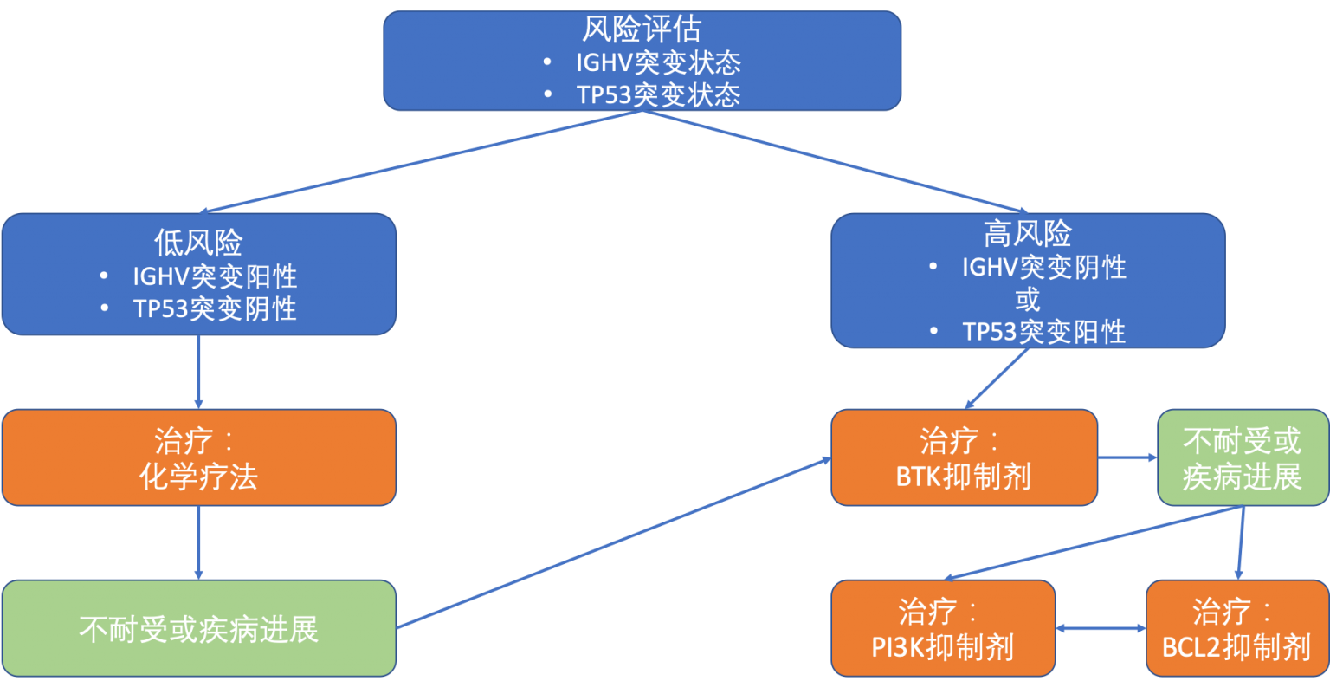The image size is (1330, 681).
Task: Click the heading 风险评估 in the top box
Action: click(641, 30)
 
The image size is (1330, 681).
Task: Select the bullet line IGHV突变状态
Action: click(657, 62)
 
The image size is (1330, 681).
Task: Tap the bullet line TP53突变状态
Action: click(657, 94)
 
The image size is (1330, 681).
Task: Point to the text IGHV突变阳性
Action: click(214, 276)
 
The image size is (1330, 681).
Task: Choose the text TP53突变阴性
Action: click(214, 308)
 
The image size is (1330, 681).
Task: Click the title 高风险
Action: click(1028, 233)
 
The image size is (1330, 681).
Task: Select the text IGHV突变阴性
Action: click(1043, 268)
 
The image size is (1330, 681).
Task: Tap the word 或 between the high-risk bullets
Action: click(1028, 300)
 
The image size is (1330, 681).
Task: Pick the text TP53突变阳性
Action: click(1043, 332)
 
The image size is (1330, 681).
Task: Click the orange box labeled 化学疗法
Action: click(198, 457)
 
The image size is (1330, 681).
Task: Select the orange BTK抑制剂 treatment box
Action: click(964, 457)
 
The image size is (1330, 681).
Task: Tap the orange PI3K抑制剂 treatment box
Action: click(943, 628)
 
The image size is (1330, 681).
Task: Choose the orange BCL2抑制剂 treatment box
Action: click(1236, 628)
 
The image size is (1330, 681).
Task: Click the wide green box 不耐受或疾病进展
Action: click(198, 628)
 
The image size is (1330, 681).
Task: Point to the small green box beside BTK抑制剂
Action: click(1243, 457)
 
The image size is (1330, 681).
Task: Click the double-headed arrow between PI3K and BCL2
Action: click(1101, 628)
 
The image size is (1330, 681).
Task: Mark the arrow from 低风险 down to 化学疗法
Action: click(198, 373)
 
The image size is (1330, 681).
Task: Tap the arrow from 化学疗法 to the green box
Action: click(198, 542)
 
